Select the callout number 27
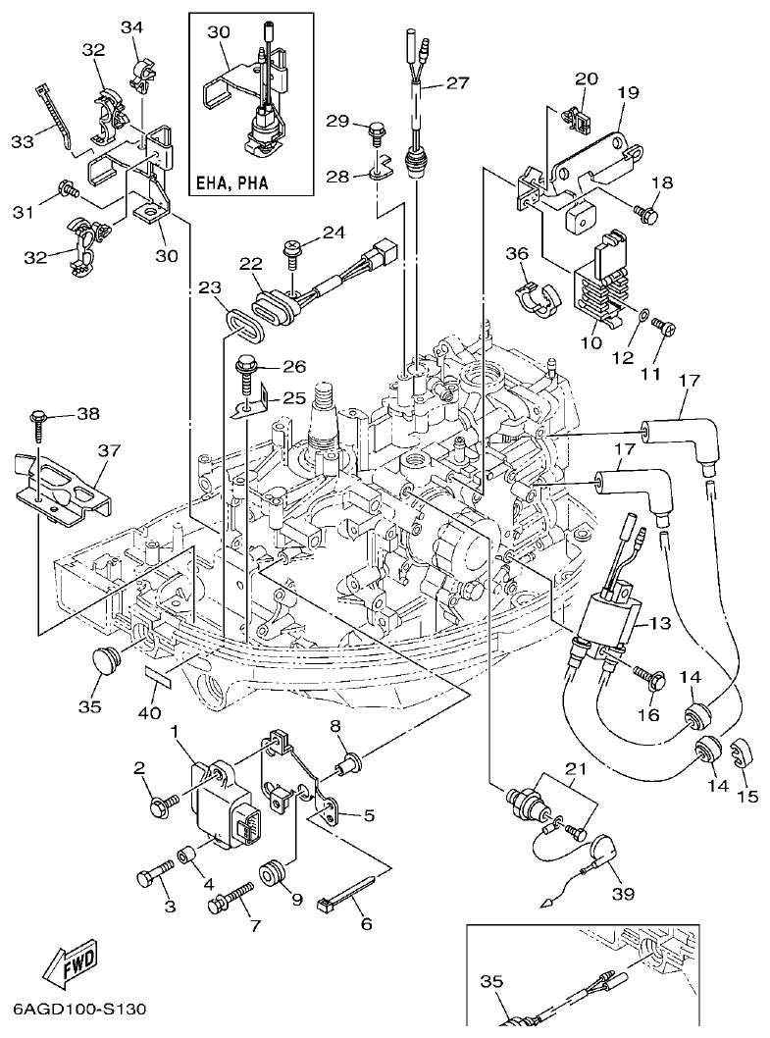click(458, 83)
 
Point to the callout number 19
click(628, 93)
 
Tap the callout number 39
click(623, 894)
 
